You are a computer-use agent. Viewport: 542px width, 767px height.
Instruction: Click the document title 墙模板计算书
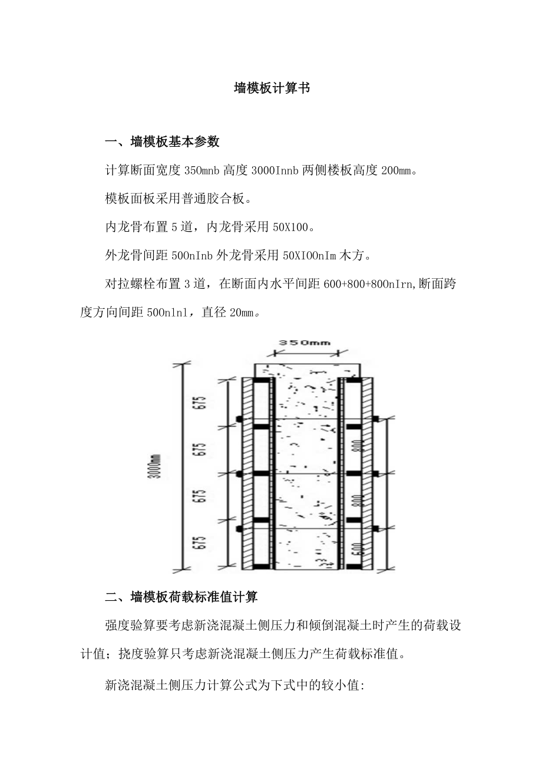(x=271, y=88)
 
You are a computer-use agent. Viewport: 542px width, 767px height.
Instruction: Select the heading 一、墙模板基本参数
(x=162, y=141)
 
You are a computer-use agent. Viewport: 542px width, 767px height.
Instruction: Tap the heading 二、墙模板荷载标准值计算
(x=181, y=597)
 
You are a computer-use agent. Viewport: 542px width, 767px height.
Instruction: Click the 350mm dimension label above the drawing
(x=304, y=342)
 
